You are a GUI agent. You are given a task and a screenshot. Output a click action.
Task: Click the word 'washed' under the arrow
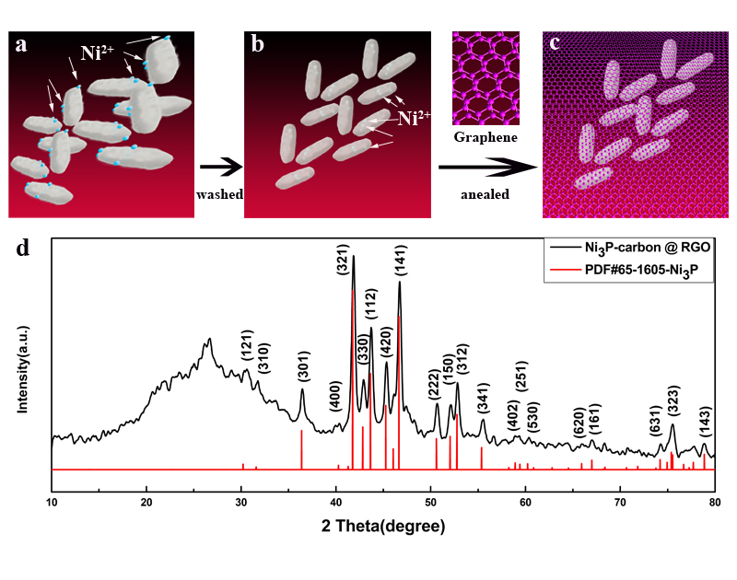coord(218,194)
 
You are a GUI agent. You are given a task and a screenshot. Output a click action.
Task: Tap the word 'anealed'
coord(485,195)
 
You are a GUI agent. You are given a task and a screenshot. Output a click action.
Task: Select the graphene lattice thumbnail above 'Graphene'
coord(485,78)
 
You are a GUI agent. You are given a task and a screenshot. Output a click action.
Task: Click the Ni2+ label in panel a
coord(99,52)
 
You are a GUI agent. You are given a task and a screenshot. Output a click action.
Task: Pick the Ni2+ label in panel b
coord(415,118)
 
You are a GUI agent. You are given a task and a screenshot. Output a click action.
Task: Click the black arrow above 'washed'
coord(218,167)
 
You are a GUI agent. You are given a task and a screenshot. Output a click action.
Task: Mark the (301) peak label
coord(302,367)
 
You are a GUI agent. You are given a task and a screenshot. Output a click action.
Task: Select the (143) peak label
coord(705,423)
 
